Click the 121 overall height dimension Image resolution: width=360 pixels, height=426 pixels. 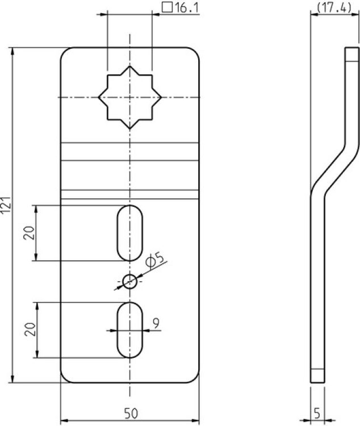(6, 206)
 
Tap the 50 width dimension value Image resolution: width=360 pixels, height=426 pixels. (131, 414)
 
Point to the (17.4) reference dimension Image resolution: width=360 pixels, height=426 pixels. (334, 7)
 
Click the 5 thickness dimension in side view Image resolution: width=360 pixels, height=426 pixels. (317, 414)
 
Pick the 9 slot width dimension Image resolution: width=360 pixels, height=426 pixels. (156, 323)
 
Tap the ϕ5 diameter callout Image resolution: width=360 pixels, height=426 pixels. (155, 260)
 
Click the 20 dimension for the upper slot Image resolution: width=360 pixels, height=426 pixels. (30, 233)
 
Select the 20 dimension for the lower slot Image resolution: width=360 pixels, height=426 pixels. (30, 329)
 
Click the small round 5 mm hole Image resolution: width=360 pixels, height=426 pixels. (130, 282)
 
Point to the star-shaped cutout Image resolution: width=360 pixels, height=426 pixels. (130, 97)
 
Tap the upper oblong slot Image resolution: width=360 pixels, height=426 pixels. (130, 233)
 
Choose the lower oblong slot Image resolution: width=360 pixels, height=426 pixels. (130, 330)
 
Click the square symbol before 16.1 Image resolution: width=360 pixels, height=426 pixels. (167, 7)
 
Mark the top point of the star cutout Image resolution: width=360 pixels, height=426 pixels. (130, 66)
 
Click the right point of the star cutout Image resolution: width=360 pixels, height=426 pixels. (161, 97)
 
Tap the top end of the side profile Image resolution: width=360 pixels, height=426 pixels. (352, 48)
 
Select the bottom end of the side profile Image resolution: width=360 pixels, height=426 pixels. (317, 382)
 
